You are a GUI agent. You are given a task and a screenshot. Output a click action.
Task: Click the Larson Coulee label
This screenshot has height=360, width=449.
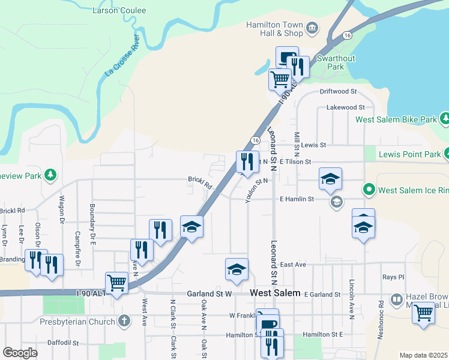(x=112, y=10)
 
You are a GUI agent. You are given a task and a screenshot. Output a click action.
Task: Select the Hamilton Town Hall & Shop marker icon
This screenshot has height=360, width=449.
(x=313, y=28)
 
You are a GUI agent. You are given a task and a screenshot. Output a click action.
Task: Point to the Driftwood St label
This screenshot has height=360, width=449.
(x=338, y=92)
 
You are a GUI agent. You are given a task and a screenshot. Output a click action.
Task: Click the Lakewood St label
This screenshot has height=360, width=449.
(x=345, y=107)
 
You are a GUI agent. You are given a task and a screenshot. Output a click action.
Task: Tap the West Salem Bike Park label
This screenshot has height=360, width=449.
(x=396, y=119)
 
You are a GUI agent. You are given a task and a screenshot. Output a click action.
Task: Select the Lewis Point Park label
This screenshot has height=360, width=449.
(x=409, y=154)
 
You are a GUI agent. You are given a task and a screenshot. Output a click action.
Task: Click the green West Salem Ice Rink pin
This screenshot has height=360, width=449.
(x=369, y=191)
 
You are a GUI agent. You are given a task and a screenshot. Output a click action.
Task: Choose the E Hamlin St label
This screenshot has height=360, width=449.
(x=297, y=199)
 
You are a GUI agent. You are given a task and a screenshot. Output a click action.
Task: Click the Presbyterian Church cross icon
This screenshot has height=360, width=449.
(x=124, y=322)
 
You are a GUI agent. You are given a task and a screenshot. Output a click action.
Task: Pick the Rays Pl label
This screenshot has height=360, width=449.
(x=393, y=277)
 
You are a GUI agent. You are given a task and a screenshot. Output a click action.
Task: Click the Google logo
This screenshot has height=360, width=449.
(x=20, y=353)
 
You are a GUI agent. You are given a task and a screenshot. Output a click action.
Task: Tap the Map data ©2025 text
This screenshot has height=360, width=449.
(x=423, y=355)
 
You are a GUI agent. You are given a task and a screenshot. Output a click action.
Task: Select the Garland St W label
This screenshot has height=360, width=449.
(x=209, y=294)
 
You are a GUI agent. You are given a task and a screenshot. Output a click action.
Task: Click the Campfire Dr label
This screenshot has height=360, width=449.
(x=77, y=249)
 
